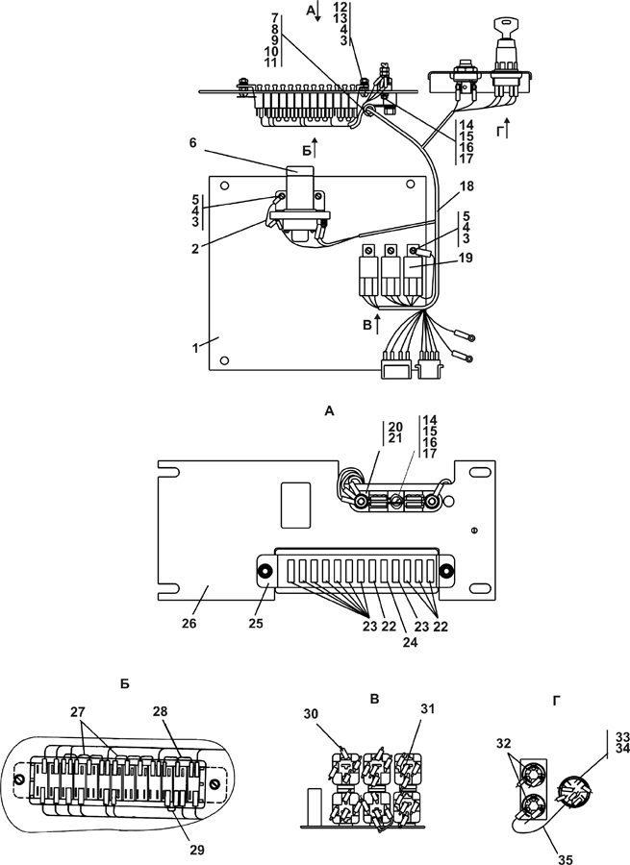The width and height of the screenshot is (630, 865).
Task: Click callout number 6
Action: [x=192, y=143]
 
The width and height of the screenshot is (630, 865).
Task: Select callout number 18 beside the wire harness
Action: [x=466, y=186]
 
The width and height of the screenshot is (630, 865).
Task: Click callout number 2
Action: [x=195, y=249]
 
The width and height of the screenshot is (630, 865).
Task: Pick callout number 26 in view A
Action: [x=189, y=624]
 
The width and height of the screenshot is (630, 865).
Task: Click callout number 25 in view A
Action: [x=256, y=624]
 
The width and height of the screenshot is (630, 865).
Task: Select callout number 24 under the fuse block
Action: [x=409, y=642]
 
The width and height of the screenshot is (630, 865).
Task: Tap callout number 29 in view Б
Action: [x=196, y=851]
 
